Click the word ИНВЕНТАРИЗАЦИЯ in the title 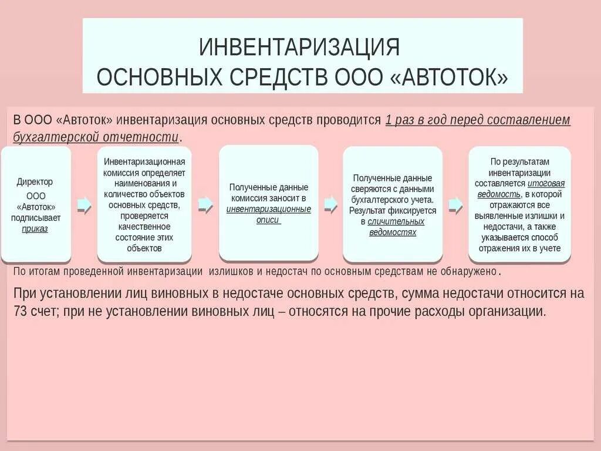coord(299,46)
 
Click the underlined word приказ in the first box coord(35,229)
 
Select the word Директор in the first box coord(35,182)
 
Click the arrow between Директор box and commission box coord(85,204)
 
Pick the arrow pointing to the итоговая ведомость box coord(455,204)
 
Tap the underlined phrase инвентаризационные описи coord(268,214)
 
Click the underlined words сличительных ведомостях coord(392,227)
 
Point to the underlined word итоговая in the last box coord(550,183)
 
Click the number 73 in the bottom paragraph coord(21,312)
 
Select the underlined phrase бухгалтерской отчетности coord(96,137)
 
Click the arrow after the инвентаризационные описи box coord(331,204)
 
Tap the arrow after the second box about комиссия coord(205,204)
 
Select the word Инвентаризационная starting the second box coord(144,161)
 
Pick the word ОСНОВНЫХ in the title coord(156,77)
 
